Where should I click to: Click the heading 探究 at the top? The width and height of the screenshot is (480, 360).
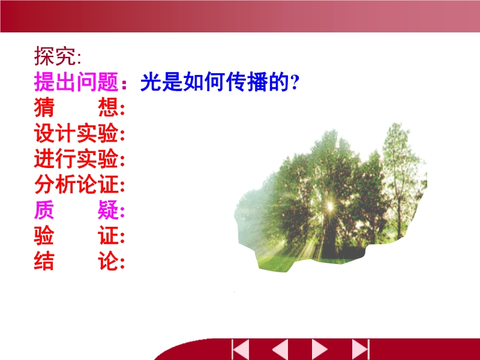(55, 56)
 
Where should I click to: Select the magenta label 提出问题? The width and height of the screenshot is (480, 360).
(76, 82)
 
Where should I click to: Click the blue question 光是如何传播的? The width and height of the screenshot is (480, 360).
(215, 82)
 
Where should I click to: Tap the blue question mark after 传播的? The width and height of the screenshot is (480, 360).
(295, 82)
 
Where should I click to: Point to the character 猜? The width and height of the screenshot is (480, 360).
(44, 107)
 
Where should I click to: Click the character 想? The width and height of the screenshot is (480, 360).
(108, 107)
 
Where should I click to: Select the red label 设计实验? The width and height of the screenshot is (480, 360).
(76, 133)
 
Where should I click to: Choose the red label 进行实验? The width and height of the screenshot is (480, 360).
(76, 158)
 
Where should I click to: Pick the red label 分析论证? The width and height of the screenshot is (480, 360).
(76, 184)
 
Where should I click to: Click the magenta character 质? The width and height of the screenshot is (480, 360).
(44, 210)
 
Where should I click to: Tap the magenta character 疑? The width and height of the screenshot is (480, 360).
(108, 210)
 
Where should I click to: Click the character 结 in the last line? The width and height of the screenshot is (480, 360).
(44, 261)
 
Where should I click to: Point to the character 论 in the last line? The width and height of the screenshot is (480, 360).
(108, 261)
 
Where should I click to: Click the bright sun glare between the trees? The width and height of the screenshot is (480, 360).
(330, 206)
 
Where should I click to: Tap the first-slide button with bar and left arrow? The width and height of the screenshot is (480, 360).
(241, 349)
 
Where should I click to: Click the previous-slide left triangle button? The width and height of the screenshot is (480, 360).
(280, 349)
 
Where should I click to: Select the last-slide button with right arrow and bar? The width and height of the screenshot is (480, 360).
(361, 349)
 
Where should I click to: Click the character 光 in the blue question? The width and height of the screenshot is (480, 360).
(151, 82)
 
